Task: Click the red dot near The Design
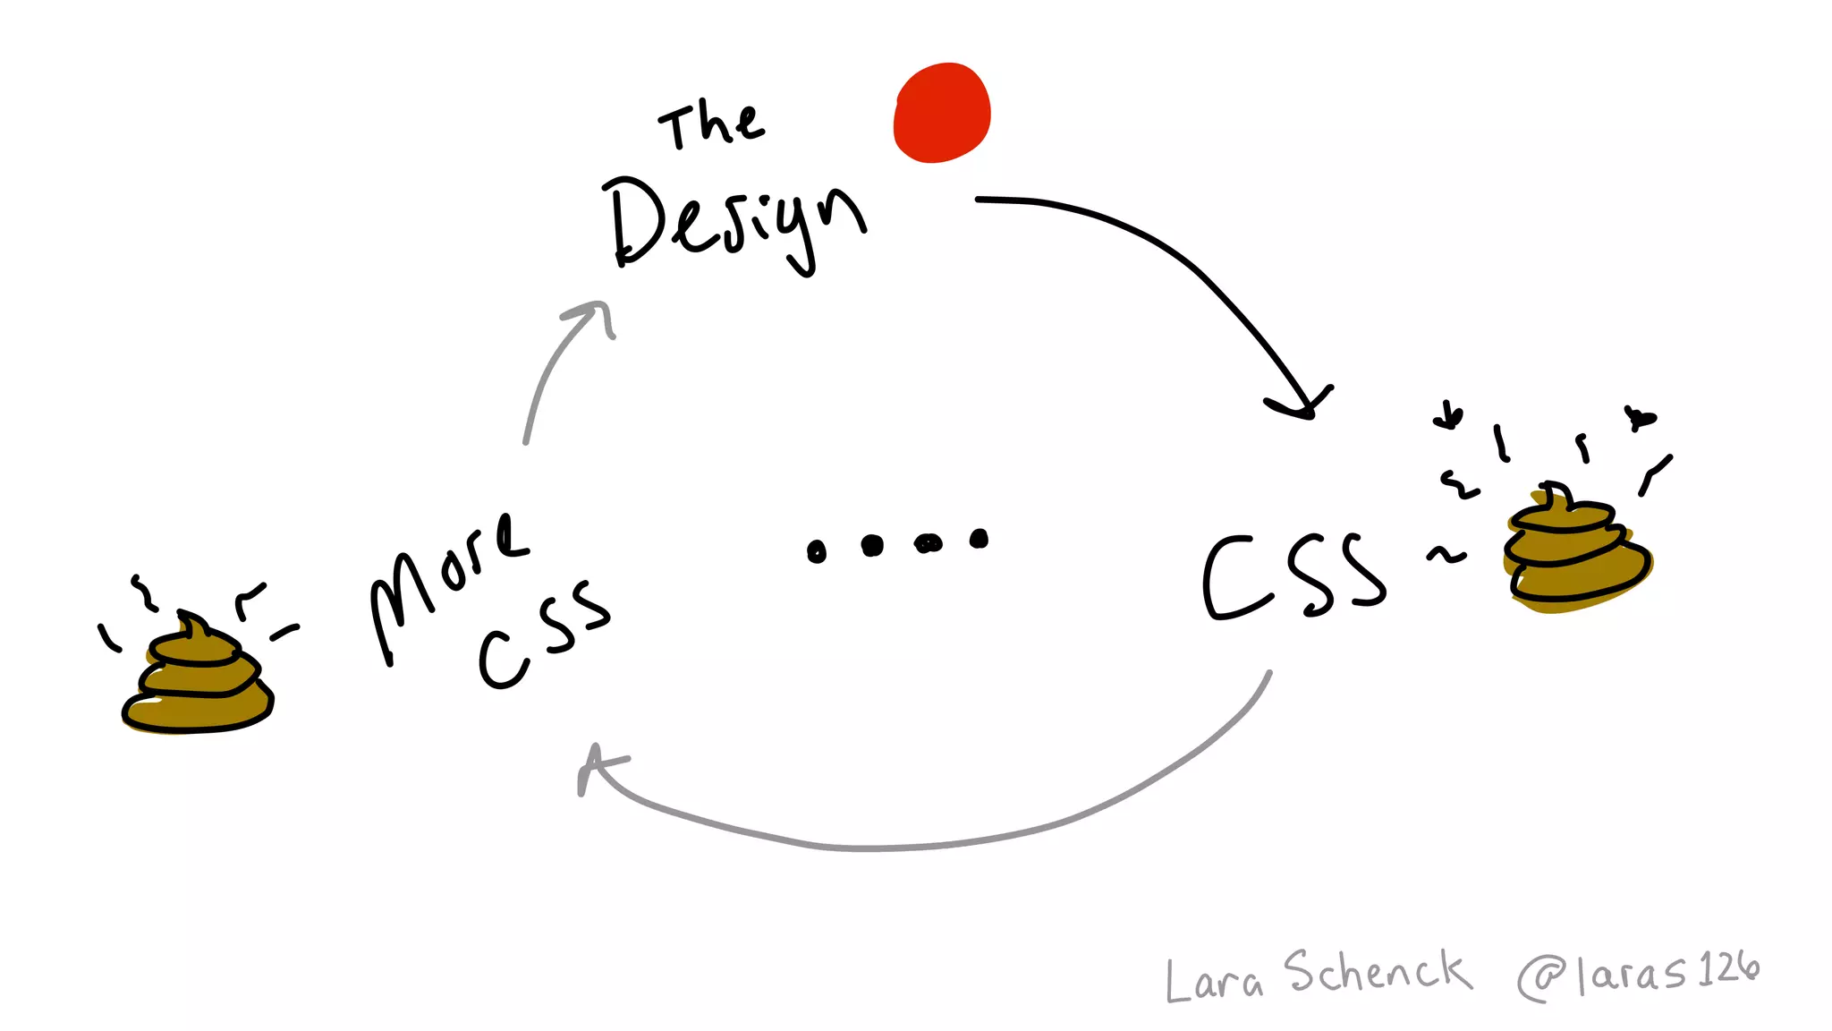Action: coord(942,113)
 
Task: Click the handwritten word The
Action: coord(711,126)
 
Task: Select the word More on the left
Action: coord(447,582)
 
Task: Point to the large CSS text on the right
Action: coord(1293,577)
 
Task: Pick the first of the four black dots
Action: coord(816,551)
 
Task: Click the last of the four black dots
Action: coord(980,538)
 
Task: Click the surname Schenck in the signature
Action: coord(1378,972)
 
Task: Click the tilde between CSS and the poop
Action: coord(1446,556)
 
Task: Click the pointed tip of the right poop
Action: coord(1553,489)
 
